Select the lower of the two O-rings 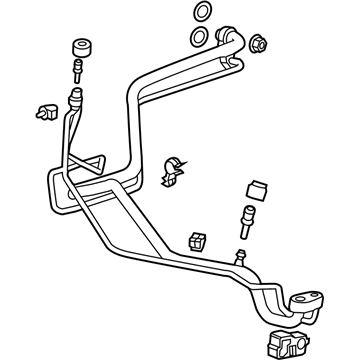point(200,37)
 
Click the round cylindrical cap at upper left point(81,51)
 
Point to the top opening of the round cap point(81,44)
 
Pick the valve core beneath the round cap point(75,71)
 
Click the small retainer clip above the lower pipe point(196,240)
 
